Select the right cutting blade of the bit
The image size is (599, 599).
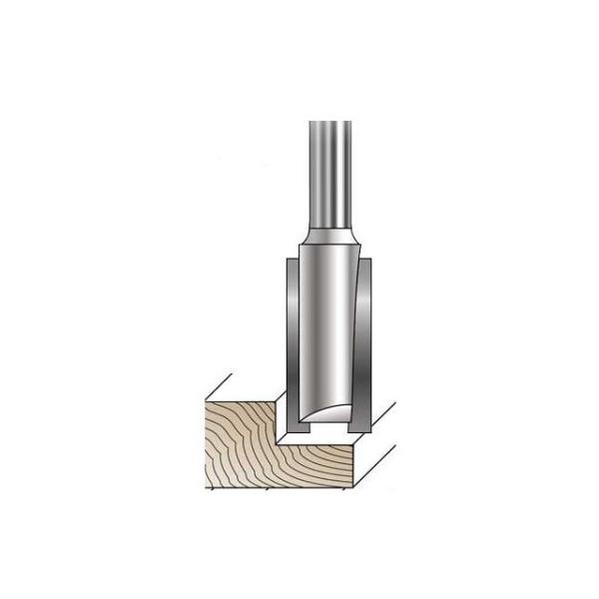click(366, 329)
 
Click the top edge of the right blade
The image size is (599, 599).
click(366, 263)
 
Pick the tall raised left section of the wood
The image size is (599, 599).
click(240, 439)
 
